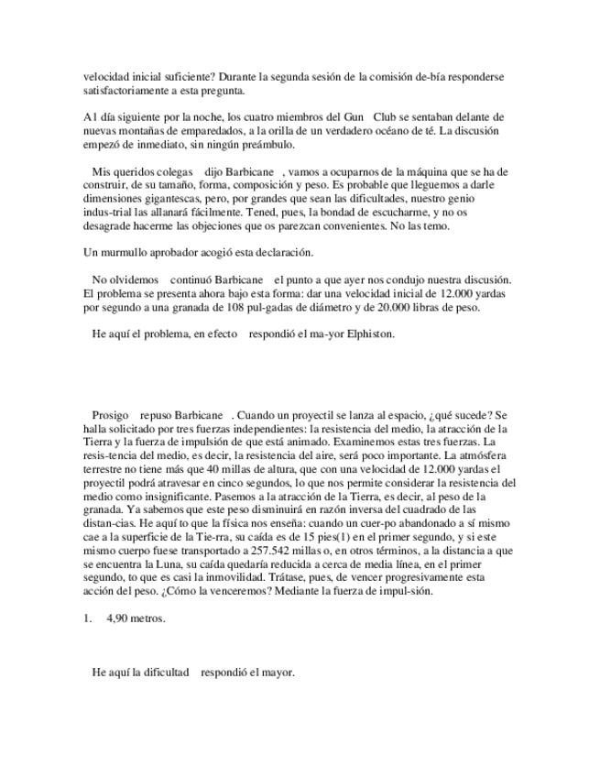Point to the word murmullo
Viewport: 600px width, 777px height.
pyautogui.click(x=124, y=251)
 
